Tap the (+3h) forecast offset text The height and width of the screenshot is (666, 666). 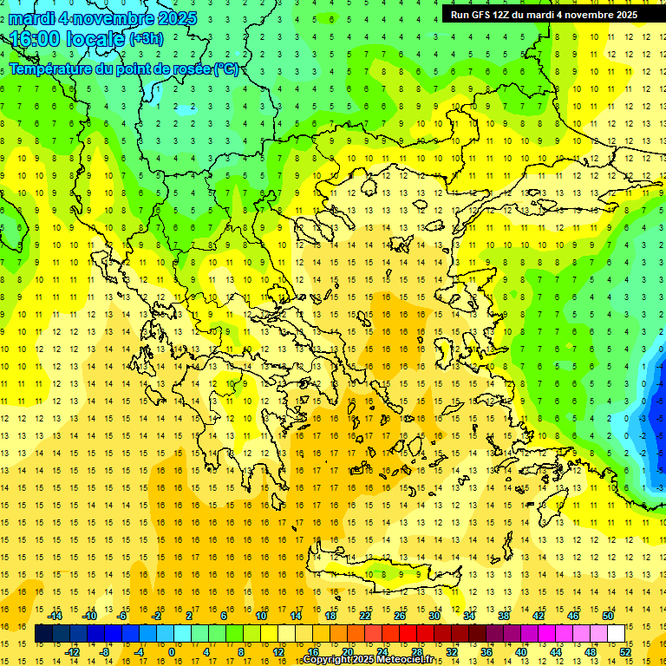coord(145,38)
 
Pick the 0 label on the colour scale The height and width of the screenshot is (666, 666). coord(171,652)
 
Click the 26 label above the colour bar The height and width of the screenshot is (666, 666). coord(400,616)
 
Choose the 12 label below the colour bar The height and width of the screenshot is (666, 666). coord(277,652)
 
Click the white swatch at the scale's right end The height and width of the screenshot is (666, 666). coord(617,634)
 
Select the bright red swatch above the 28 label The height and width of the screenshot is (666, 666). coord(416,634)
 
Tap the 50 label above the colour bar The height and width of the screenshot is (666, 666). coord(608,616)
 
